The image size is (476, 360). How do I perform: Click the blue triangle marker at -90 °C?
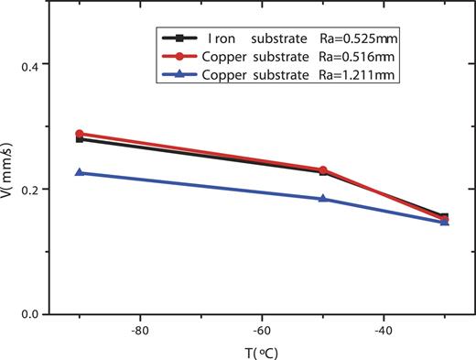80,172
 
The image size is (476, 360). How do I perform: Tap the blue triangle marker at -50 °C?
322,198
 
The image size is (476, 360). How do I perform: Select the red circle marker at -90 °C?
80,134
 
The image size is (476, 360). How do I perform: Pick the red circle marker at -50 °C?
322,170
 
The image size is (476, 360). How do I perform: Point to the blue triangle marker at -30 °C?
444,221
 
